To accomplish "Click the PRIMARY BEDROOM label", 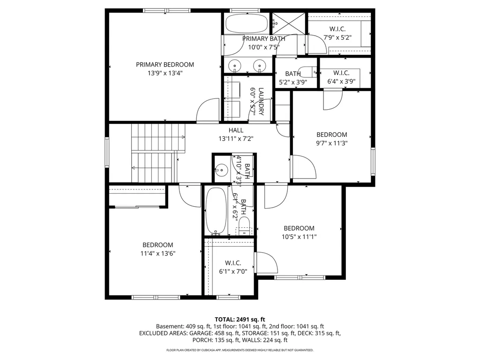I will pyautogui.click(x=165, y=65).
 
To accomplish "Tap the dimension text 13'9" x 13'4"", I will pyautogui.click(x=165, y=73).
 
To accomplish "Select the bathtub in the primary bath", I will pyautogui.click(x=247, y=23).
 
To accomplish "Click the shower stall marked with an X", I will pyautogui.click(x=289, y=22).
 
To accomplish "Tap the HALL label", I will pyautogui.click(x=236, y=130).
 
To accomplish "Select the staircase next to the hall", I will pyautogui.click(x=155, y=152).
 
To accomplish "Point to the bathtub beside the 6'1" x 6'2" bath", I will pyautogui.click(x=216, y=211).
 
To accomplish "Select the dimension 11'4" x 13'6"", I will pyautogui.click(x=158, y=253).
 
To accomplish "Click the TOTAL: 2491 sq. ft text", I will pyautogui.click(x=240, y=319).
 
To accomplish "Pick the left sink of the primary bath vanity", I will pyautogui.click(x=234, y=66).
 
